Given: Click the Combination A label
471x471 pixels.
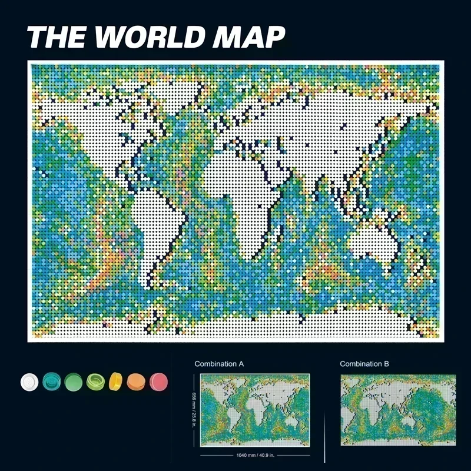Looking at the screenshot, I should pyautogui.click(x=219, y=364).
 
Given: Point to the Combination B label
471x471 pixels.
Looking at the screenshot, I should pyautogui.click(x=364, y=364).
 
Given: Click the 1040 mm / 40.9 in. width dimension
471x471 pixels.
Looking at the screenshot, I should pyautogui.click(x=255, y=456).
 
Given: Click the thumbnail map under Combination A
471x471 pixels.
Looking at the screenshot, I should pyautogui.click(x=255, y=410).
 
